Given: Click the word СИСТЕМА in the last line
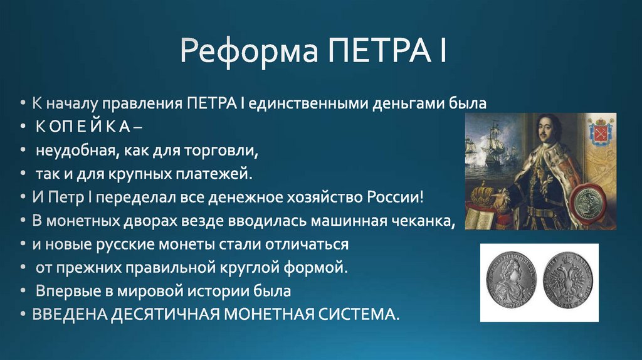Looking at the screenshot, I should pos(355,313).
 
